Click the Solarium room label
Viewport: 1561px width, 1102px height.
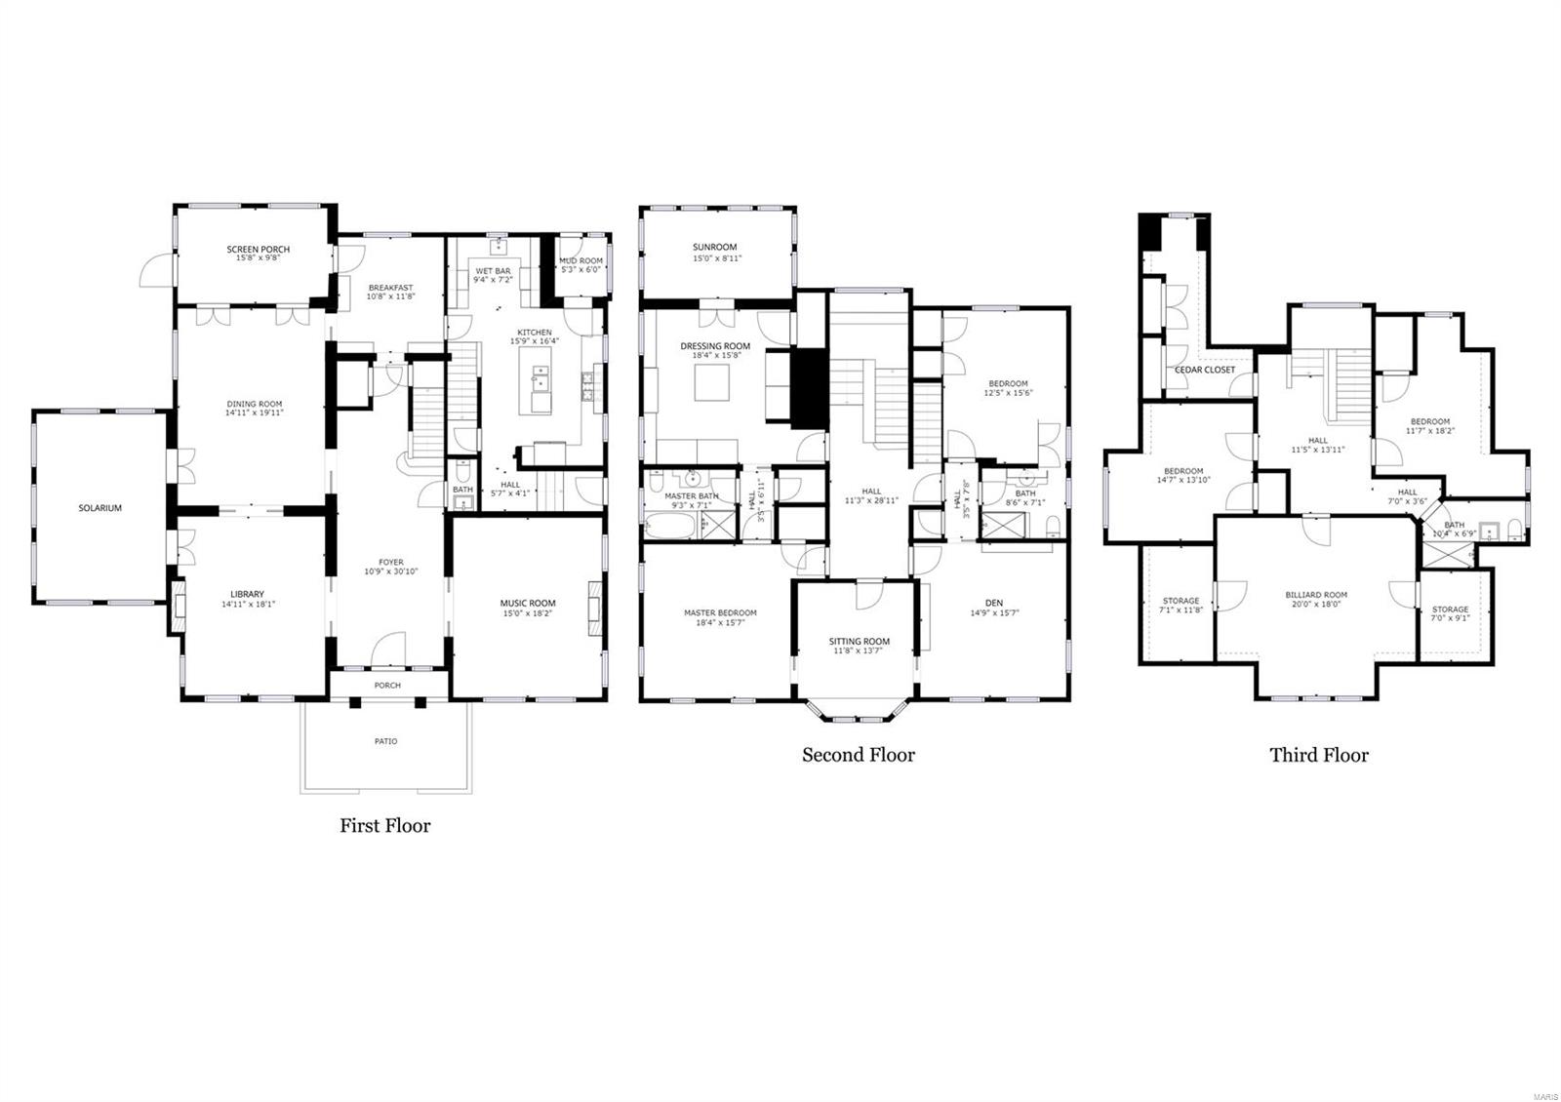tap(100, 508)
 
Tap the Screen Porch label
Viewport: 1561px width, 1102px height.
tap(259, 250)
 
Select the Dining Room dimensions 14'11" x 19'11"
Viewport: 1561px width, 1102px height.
tap(255, 413)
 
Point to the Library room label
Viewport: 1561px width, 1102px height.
tap(247, 594)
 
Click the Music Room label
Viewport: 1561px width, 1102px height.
tap(528, 604)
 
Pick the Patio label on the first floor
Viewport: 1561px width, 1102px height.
tap(386, 741)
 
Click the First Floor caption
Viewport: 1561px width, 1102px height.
tap(384, 826)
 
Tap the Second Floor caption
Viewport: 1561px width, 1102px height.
tap(858, 755)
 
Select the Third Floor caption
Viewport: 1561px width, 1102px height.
tap(1318, 755)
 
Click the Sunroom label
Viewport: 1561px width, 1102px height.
tap(715, 248)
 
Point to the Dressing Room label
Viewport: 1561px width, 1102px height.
tap(715, 346)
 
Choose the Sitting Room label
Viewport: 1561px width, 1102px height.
tap(860, 642)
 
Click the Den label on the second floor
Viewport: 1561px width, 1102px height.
tap(994, 603)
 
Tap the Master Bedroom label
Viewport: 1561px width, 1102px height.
tap(720, 613)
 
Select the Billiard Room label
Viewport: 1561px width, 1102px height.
tap(1316, 595)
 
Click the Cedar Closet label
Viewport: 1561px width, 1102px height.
tap(1204, 371)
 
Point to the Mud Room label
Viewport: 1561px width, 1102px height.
tap(580, 261)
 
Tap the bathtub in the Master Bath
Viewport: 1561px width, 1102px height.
tap(670, 528)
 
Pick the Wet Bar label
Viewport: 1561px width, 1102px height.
tap(493, 270)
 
